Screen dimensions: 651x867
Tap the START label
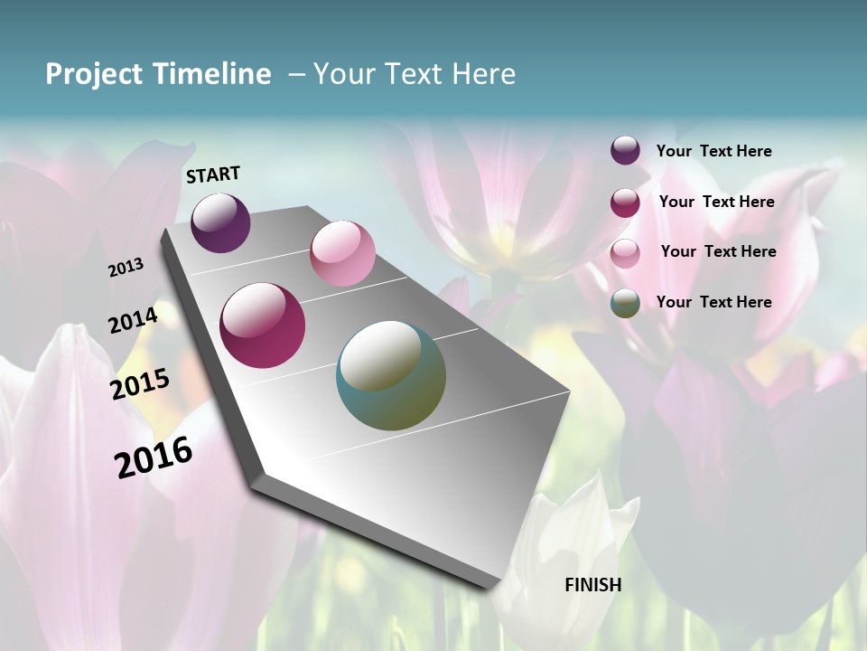click(213, 175)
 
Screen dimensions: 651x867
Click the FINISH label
click(593, 585)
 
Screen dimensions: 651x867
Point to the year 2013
click(126, 268)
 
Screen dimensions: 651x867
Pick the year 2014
click(134, 320)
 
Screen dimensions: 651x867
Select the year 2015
click(140, 384)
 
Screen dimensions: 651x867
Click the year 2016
click(154, 457)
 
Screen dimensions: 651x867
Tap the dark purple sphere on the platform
click(220, 222)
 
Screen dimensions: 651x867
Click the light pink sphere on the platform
click(342, 253)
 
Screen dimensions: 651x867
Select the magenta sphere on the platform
click(262, 325)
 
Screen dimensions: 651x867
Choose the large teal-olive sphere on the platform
click(391, 375)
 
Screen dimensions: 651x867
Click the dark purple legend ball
click(625, 151)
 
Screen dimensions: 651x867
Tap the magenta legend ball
click(625, 203)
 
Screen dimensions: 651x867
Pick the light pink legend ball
click(625, 253)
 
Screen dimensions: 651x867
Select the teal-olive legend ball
click(625, 303)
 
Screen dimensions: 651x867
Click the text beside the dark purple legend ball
click(714, 151)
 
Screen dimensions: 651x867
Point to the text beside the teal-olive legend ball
click(714, 302)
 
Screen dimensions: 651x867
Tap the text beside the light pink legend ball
click(718, 251)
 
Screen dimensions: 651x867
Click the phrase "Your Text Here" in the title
click(415, 74)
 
